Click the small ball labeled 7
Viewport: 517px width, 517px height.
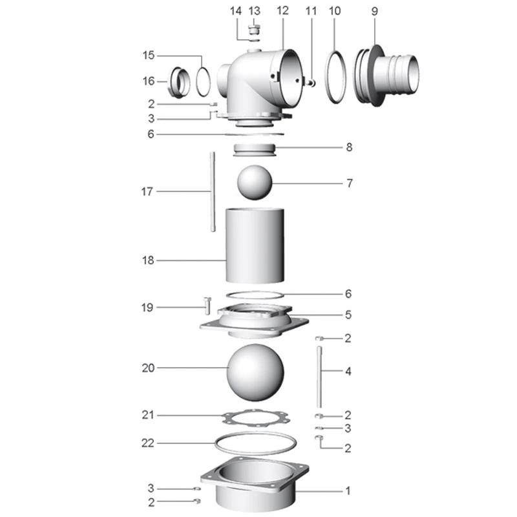[255, 182]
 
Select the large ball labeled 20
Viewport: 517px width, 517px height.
[255, 373]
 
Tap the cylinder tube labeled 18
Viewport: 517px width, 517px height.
[255, 246]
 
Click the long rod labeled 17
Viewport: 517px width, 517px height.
[213, 191]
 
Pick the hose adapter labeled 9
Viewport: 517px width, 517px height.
[386, 76]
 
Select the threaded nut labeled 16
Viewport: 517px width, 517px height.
[179, 83]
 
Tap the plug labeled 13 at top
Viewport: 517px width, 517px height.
[254, 29]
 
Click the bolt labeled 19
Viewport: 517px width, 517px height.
[207, 305]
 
